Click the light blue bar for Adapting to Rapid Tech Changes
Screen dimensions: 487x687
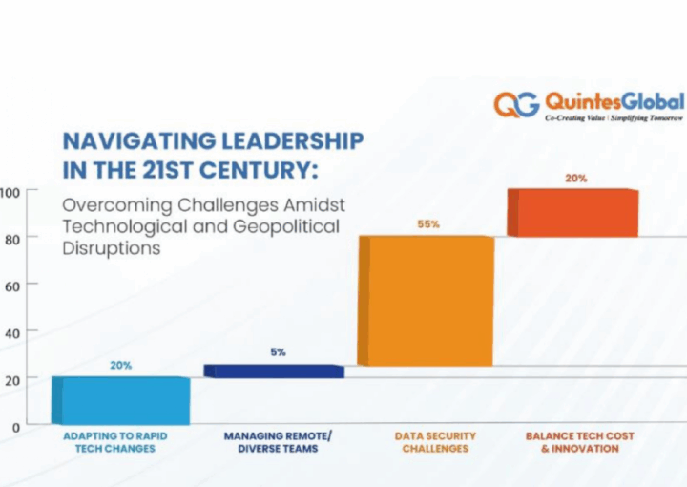(x=120, y=400)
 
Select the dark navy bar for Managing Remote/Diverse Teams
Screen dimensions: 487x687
(x=274, y=371)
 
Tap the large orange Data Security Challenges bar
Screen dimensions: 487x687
(x=426, y=301)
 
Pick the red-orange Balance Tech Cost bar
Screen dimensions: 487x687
(x=572, y=212)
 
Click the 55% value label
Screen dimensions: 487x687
(x=427, y=224)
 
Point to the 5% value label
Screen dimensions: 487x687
(x=278, y=352)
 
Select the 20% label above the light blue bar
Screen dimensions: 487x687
(x=121, y=365)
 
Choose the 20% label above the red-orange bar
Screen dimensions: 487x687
(x=575, y=178)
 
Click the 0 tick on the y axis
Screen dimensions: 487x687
(x=15, y=427)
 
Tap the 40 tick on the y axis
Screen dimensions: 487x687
(x=10, y=332)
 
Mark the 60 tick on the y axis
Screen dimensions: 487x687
(x=10, y=285)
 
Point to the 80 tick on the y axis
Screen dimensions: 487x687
(x=10, y=238)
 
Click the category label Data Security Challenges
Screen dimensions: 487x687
(x=429, y=442)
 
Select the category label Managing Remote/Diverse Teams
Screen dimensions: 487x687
(x=278, y=442)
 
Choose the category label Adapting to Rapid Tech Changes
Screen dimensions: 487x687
(x=115, y=442)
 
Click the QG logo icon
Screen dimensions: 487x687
(x=516, y=104)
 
